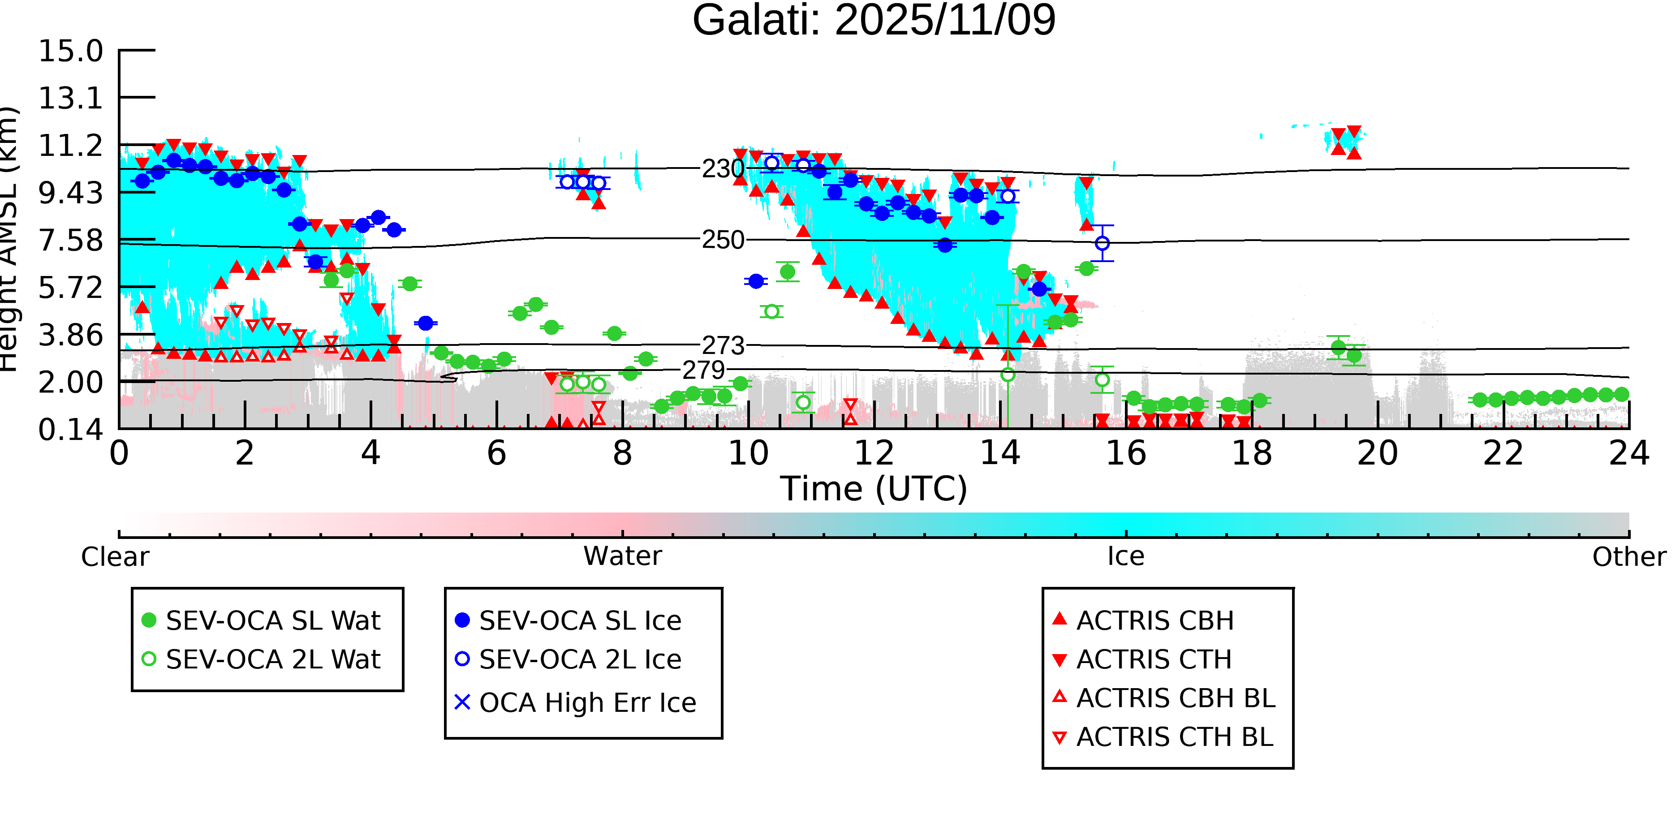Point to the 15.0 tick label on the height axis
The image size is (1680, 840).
(x=70, y=51)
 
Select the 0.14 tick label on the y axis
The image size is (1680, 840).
(x=70, y=430)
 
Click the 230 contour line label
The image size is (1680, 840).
(x=723, y=169)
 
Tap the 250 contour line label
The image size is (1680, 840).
(x=723, y=240)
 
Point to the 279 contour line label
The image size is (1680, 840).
(x=703, y=370)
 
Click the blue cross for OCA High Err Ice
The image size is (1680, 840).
(x=462, y=702)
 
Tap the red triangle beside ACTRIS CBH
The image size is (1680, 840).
(x=1060, y=619)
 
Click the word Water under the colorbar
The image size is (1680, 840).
(x=622, y=556)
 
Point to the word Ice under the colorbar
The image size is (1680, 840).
(x=1126, y=556)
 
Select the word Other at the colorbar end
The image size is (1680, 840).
(x=1628, y=556)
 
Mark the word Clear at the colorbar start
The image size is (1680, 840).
(x=115, y=557)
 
